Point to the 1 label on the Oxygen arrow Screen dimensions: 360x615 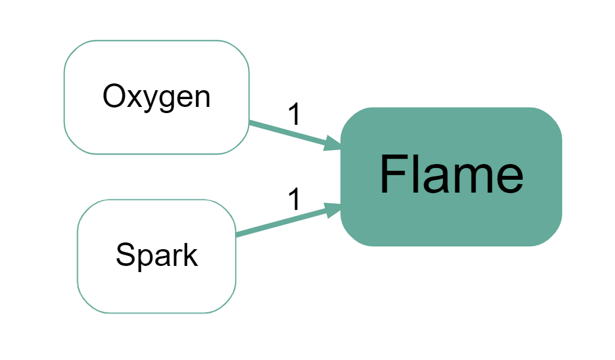coord(294,115)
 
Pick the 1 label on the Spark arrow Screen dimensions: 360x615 coord(294,199)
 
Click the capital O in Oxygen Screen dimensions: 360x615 coord(113,97)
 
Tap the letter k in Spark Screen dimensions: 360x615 coord(189,255)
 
